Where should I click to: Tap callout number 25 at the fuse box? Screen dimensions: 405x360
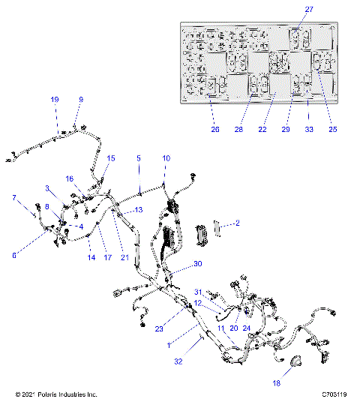(x=332, y=128)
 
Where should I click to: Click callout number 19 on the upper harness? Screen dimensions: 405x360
(x=54, y=100)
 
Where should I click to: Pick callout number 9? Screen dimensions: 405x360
(x=81, y=100)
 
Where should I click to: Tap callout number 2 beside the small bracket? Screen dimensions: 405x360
(x=237, y=223)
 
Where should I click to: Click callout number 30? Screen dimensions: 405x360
(x=198, y=264)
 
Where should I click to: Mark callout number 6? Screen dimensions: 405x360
(x=13, y=256)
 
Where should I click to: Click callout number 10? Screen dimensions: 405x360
(x=166, y=158)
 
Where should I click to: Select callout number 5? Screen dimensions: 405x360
(x=138, y=158)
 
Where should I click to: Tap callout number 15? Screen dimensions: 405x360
(x=111, y=158)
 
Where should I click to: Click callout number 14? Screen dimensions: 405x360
(x=90, y=257)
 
